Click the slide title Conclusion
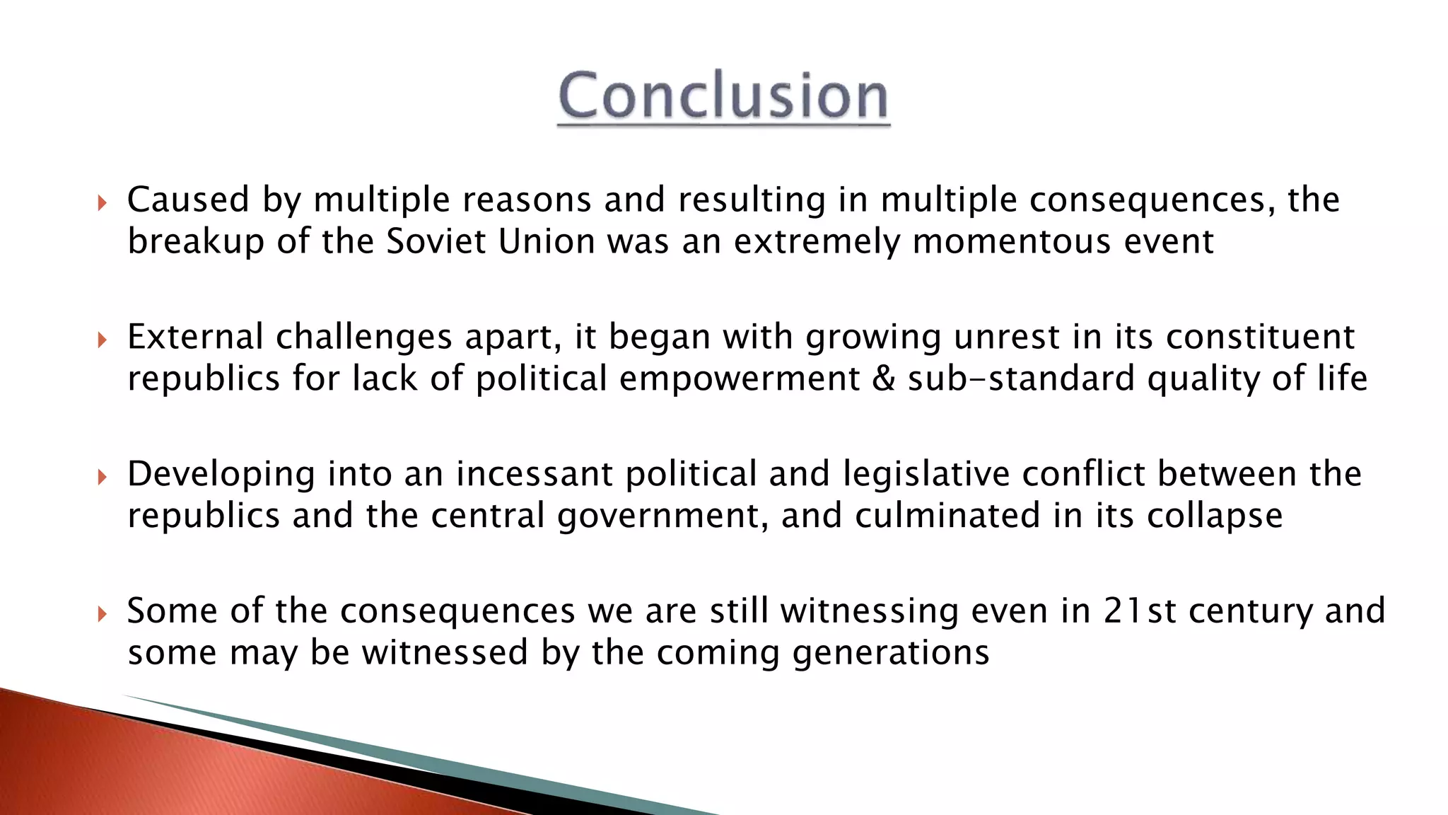[723, 96]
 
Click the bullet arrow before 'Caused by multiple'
[102, 204]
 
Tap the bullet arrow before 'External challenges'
[102, 340]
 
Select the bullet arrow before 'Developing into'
[102, 478]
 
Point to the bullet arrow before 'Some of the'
[102, 614]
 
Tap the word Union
[547, 241]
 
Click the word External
[195, 337]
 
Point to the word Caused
[188, 200]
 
